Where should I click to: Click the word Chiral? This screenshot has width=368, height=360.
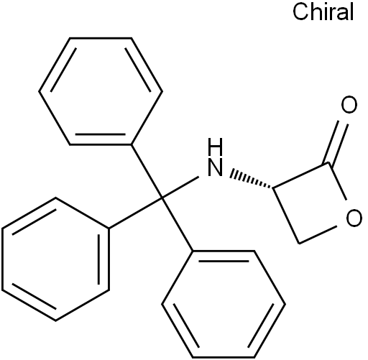(x=323, y=12)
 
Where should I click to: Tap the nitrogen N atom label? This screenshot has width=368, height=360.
(x=215, y=167)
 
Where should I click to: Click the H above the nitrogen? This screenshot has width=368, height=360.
(x=215, y=147)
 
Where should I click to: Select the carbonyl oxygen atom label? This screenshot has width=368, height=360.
(x=349, y=104)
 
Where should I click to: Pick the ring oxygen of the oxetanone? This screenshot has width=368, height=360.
(x=354, y=218)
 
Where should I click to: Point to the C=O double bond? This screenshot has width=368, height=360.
(x=336, y=142)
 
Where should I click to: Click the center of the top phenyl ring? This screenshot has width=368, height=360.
(x=101, y=91)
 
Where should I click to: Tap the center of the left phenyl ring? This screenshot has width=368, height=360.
(x=55, y=259)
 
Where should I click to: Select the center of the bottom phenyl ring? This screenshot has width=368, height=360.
(x=224, y=305)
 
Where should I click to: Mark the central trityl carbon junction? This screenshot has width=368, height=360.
(x=162, y=198)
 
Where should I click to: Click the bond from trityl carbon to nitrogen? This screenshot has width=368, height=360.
(x=180, y=188)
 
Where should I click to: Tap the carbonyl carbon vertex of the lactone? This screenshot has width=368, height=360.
(x=328, y=163)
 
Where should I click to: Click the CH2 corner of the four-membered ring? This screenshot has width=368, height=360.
(x=299, y=244)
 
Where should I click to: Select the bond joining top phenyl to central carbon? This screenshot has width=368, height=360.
(x=147, y=172)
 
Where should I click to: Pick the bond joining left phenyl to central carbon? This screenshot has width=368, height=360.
(x=136, y=213)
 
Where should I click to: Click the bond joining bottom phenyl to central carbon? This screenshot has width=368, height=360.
(x=178, y=225)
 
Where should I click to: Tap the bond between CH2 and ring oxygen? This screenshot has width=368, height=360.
(x=318, y=234)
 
